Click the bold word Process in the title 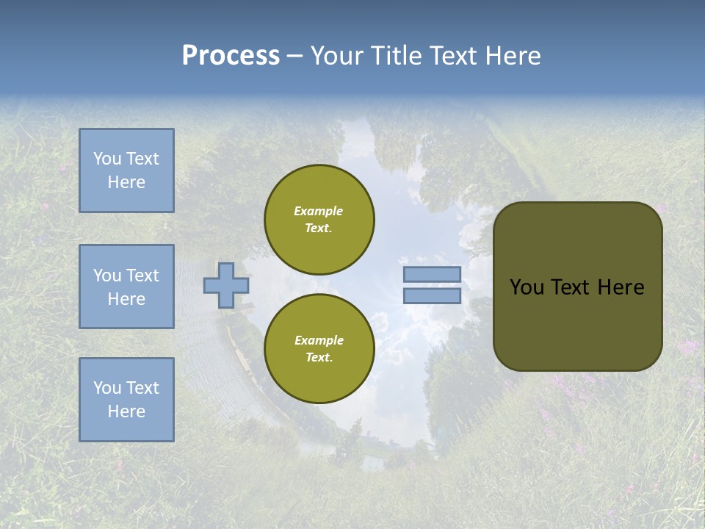tap(231, 56)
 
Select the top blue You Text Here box tap(126, 170)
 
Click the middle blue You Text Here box tap(126, 287)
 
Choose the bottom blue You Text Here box tap(126, 400)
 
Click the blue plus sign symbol tap(226, 285)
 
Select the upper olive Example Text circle tap(319, 219)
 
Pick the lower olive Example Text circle tap(319, 348)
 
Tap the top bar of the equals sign tap(433, 275)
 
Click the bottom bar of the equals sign tap(433, 296)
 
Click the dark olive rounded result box tap(578, 323)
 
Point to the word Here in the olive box tap(621, 287)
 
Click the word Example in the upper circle tap(319, 211)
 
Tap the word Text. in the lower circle tap(319, 358)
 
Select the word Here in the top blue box tap(126, 182)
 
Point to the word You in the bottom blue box tap(107, 388)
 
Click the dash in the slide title tap(294, 56)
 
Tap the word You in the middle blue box tap(107, 276)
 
